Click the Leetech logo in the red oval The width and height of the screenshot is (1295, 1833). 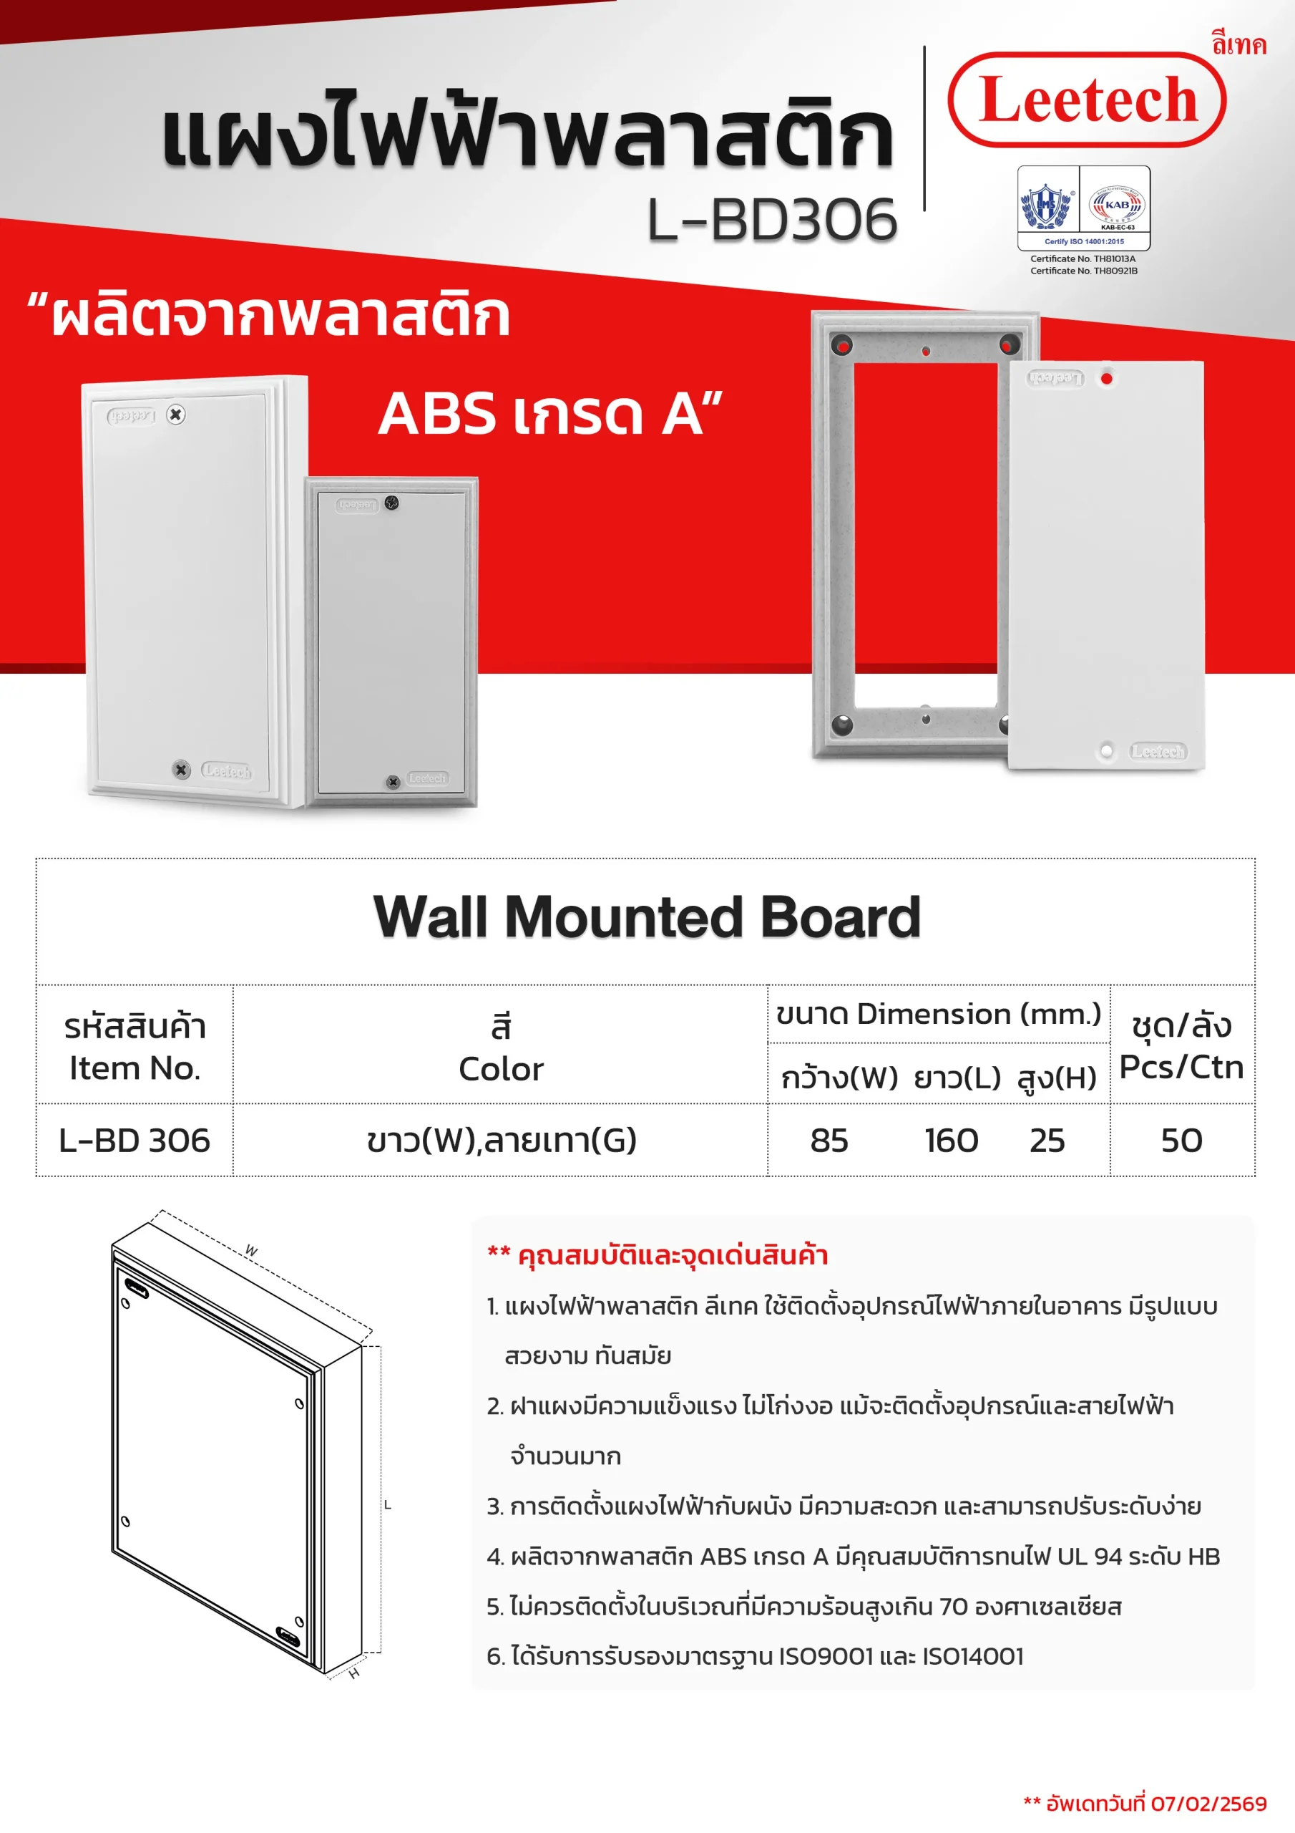(x=1087, y=100)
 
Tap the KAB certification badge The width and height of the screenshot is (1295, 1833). (x=1116, y=206)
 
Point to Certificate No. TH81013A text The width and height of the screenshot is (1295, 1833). (x=1083, y=258)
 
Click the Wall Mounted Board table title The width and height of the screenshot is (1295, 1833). (x=646, y=916)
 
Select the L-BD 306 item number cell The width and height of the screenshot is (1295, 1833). (x=134, y=1140)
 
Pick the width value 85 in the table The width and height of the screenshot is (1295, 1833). (x=829, y=1140)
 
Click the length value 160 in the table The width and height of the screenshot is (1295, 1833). (x=951, y=1140)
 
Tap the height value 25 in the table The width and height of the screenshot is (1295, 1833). (x=1047, y=1140)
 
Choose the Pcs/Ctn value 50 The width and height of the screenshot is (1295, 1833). (x=1182, y=1140)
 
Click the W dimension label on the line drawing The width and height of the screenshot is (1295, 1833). (x=251, y=1250)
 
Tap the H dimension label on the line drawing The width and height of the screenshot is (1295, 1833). (x=354, y=1673)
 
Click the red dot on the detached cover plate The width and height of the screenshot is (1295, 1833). (x=1107, y=379)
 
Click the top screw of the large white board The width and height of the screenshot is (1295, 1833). (x=176, y=415)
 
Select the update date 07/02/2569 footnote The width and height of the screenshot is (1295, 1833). (x=1145, y=1804)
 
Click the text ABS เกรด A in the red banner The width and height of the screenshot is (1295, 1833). (x=551, y=415)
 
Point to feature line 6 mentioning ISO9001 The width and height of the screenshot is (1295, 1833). (x=755, y=1655)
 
